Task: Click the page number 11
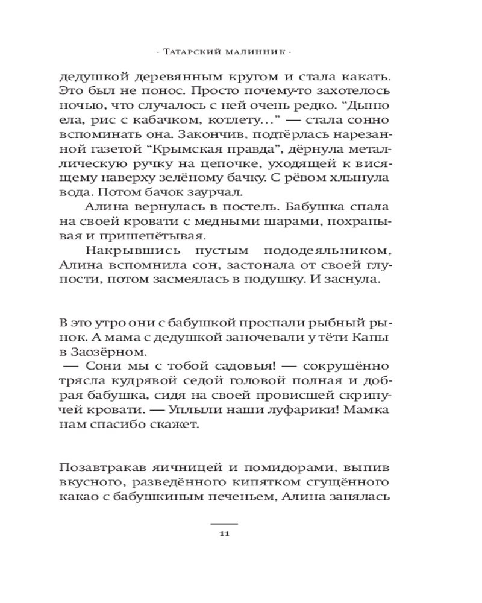click(x=224, y=533)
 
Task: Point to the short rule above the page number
click(x=224, y=524)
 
